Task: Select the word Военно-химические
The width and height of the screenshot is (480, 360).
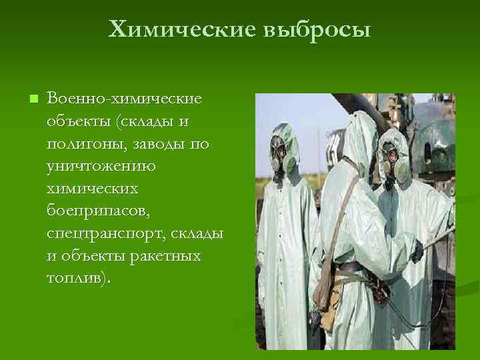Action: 124,99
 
